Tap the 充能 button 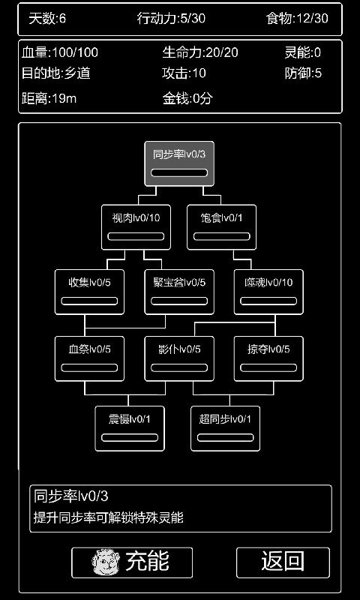point(132,561)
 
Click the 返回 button point(283,561)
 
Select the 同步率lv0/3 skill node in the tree point(178,163)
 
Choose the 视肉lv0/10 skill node point(136,226)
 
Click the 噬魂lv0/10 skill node point(268,291)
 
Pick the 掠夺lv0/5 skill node point(268,358)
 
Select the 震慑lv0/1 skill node point(130,427)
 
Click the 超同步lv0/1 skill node point(225,427)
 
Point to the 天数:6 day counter point(47,18)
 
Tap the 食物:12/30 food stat point(297,18)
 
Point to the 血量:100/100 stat point(60,52)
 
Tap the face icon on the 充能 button point(106,562)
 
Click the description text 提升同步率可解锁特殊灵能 point(108,517)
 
